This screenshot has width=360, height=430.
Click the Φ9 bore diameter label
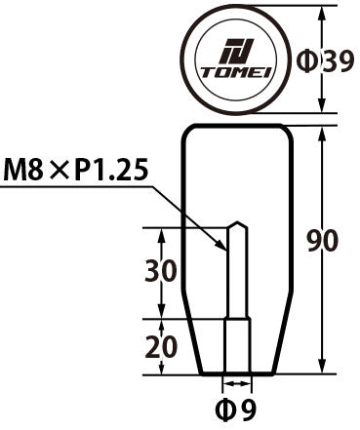pyautogui.click(x=235, y=410)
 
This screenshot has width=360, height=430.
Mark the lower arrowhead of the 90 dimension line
pyautogui.click(x=322, y=370)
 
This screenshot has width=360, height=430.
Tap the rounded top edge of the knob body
pyautogui.click(x=235, y=127)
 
